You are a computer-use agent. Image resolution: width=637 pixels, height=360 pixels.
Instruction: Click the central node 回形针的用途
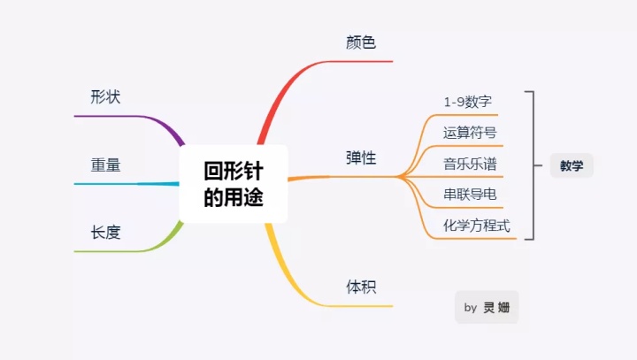(x=234, y=183)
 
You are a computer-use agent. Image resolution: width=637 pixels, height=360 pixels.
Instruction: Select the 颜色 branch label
(x=362, y=42)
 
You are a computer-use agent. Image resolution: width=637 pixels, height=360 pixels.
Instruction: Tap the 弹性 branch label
(x=361, y=158)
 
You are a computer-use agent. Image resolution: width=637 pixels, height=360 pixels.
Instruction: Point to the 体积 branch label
(x=362, y=287)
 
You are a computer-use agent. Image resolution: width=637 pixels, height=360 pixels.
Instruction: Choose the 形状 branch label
(x=105, y=97)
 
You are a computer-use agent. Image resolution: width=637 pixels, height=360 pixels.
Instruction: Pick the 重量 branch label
(x=105, y=165)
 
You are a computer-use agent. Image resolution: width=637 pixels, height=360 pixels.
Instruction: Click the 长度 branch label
(x=105, y=233)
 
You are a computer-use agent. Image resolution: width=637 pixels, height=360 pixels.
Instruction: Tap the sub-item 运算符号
(x=470, y=134)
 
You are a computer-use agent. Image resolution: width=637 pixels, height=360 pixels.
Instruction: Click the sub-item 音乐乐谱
(x=470, y=164)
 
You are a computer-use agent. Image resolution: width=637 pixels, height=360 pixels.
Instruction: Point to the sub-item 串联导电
(x=470, y=195)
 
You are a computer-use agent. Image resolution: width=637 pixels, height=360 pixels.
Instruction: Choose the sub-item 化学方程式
(x=477, y=226)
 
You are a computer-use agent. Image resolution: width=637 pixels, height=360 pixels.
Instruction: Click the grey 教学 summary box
(x=572, y=165)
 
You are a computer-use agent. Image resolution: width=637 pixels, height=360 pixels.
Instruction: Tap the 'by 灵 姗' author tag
(x=486, y=308)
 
